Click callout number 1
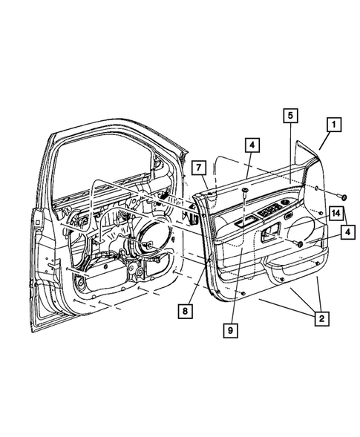point(334,126)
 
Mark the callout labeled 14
point(336,214)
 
